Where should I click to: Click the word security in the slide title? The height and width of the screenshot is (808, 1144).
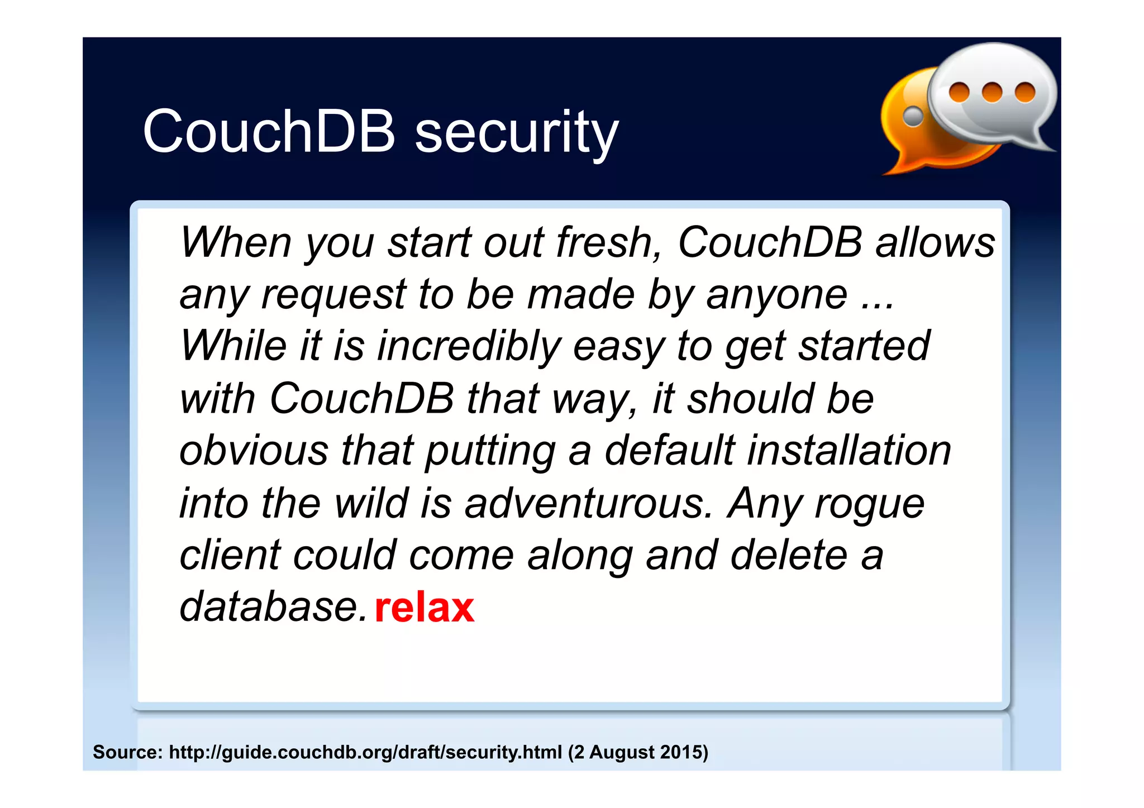point(517,132)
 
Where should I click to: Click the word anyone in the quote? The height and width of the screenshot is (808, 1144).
point(776,294)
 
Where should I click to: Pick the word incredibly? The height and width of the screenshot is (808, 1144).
point(469,346)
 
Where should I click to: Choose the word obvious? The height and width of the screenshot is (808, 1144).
point(254,450)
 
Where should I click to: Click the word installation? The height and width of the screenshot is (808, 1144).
point(849,450)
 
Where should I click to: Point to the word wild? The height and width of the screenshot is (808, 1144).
point(371,503)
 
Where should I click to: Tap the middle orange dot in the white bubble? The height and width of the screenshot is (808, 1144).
point(992,92)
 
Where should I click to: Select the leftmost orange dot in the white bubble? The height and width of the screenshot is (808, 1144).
point(959,92)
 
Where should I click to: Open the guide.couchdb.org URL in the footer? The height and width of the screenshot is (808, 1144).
point(365,752)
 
